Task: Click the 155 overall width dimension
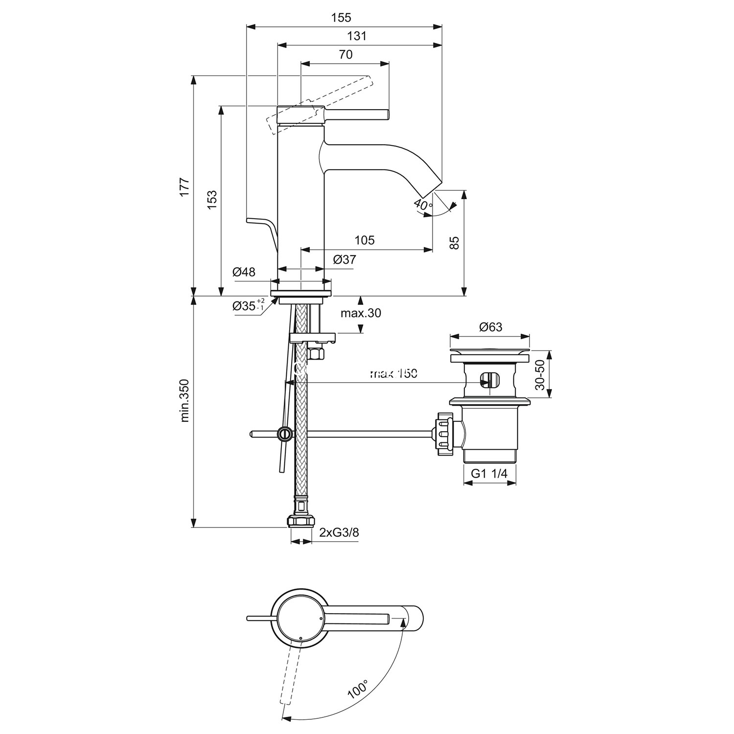pos(341,18)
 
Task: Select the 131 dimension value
pos(357,36)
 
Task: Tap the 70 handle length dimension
pos(345,54)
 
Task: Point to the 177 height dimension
pos(184,188)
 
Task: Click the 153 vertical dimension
pos(211,200)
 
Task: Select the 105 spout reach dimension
pos(365,240)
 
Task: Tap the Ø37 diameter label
pos(344,259)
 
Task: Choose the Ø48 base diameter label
pos(244,272)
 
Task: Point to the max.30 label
pos(361,313)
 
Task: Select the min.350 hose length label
pos(185,400)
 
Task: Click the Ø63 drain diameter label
pos(490,327)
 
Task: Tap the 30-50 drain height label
pos(540,374)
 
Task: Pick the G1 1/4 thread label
pos(489,473)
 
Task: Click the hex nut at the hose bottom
pos(301,520)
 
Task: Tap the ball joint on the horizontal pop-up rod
pos(283,433)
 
